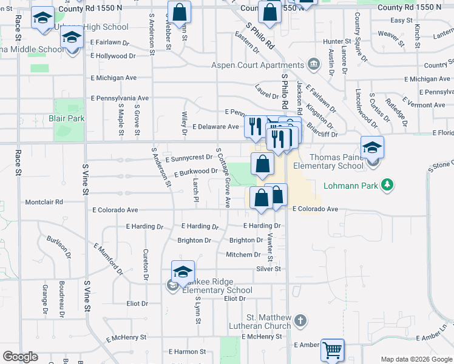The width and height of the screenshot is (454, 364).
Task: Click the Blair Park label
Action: (67, 119)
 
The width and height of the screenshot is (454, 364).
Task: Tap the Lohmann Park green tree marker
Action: (385, 184)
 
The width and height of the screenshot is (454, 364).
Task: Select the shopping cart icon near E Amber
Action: (332, 350)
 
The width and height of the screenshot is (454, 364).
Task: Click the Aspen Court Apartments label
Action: (258, 66)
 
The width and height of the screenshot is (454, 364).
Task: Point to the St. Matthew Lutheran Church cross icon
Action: (299, 320)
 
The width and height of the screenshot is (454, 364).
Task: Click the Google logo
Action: (20, 357)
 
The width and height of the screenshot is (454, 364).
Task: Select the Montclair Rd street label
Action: (44, 202)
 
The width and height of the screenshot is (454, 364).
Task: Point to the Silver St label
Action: (268, 269)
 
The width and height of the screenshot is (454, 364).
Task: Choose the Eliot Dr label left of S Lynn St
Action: (137, 303)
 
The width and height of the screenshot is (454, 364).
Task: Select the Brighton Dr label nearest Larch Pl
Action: (194, 240)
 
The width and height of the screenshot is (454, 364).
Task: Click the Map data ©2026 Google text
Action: (416, 359)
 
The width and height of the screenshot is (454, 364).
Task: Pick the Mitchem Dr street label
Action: (243, 255)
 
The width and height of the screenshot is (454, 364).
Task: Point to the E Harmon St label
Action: (188, 351)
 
